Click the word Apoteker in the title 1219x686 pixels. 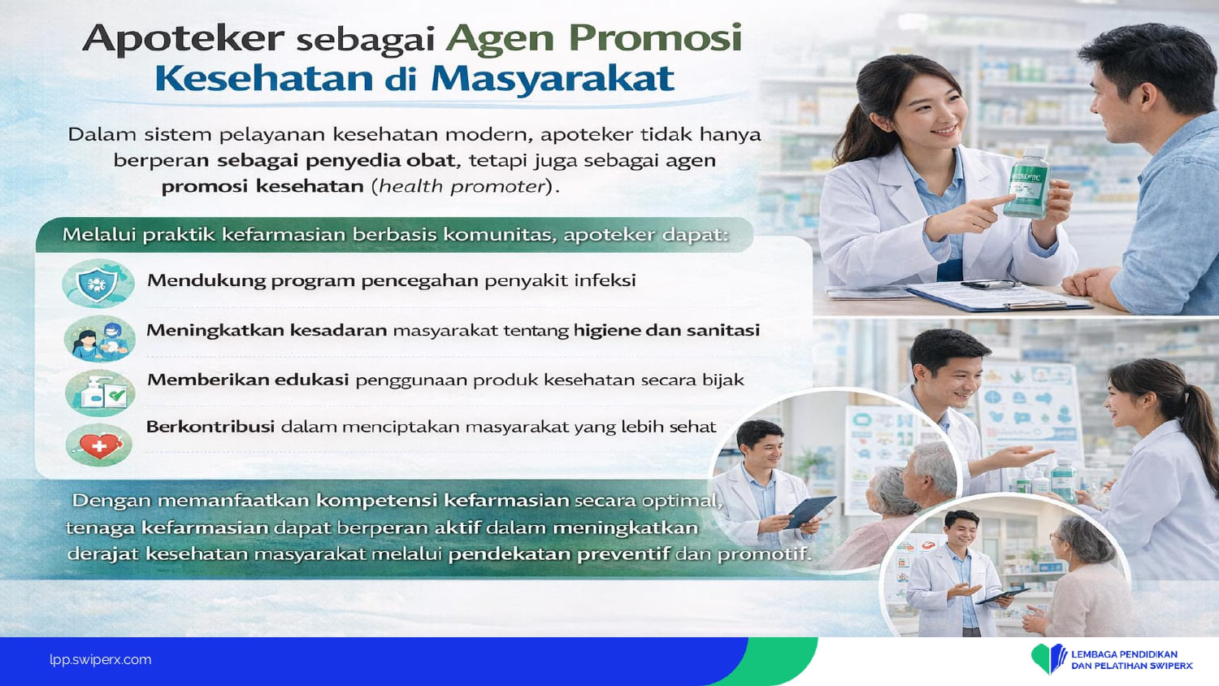click(184, 39)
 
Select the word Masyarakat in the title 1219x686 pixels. click(553, 79)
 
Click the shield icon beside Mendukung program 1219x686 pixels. click(98, 283)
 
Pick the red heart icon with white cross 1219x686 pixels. click(99, 446)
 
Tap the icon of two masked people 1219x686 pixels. click(100, 339)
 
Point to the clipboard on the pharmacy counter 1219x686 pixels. click(999, 297)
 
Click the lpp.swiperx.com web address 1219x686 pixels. click(101, 660)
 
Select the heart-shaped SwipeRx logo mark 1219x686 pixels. click(1048, 658)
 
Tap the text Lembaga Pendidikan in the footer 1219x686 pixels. click(1124, 653)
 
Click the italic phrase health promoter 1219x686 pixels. click(462, 187)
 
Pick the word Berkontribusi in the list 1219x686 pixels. click(210, 426)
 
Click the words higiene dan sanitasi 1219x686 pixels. click(666, 331)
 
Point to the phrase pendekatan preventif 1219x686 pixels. click(559, 554)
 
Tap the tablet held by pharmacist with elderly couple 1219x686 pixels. click(810, 512)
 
